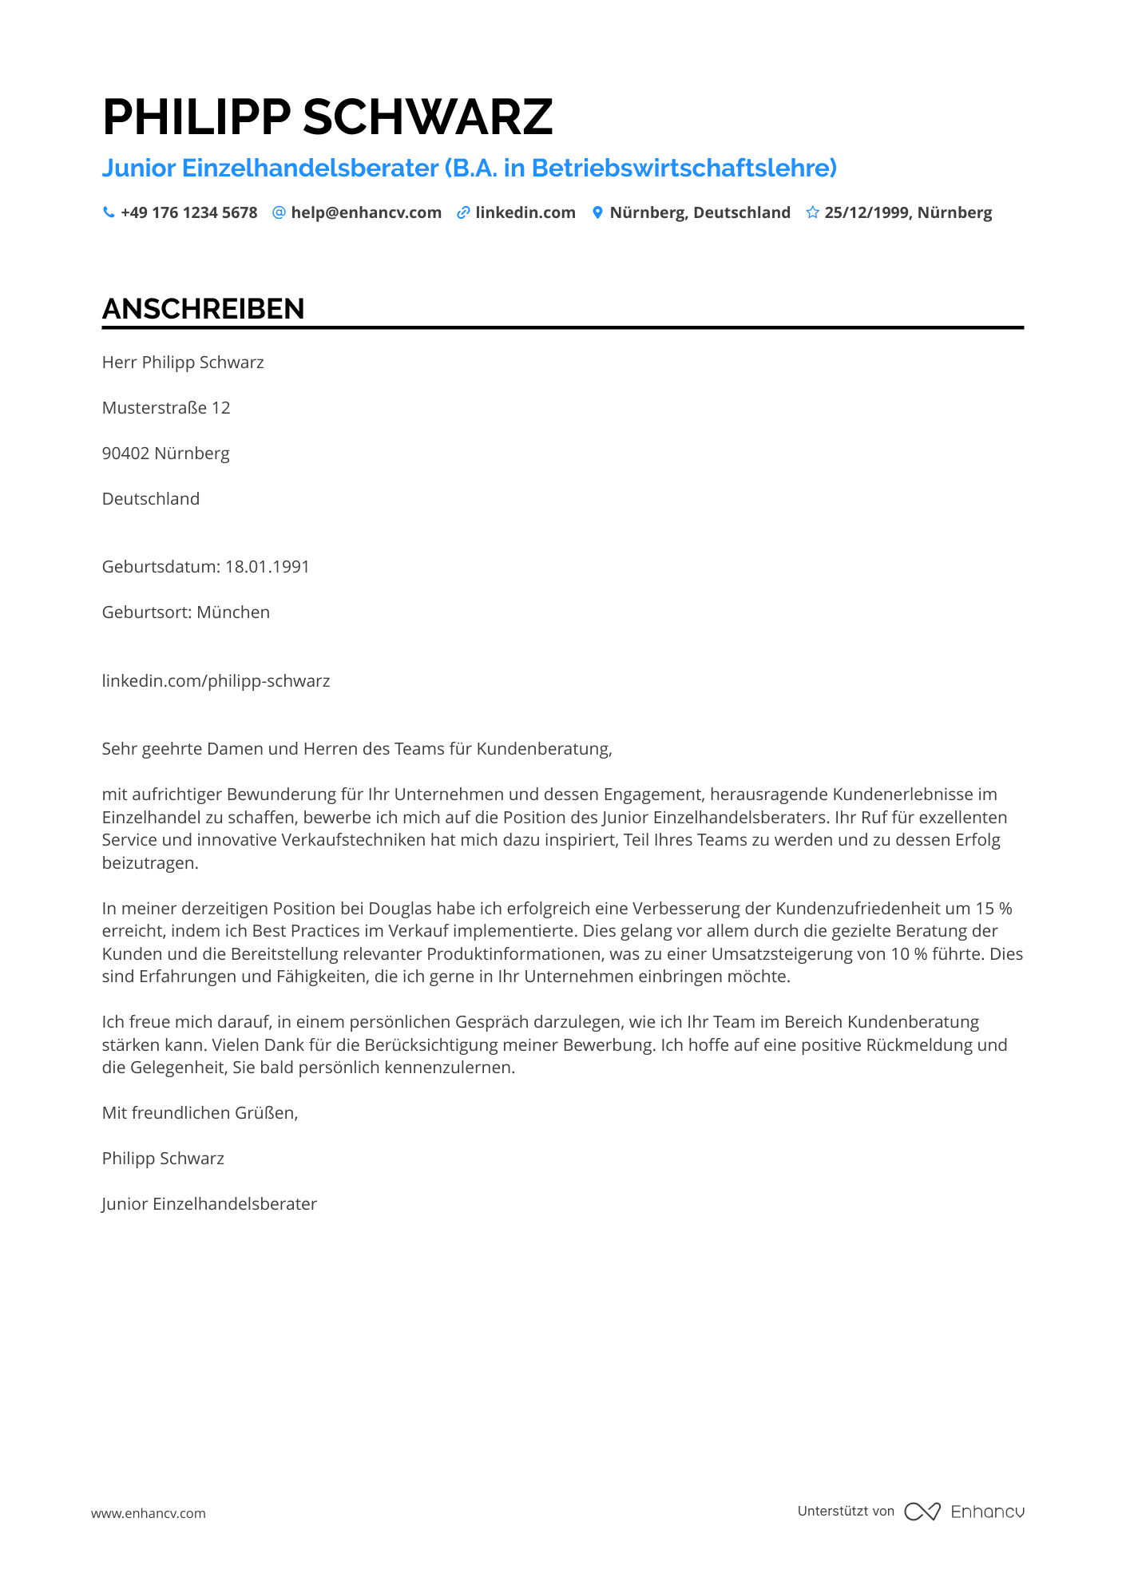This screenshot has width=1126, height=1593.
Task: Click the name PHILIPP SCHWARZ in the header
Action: tap(327, 117)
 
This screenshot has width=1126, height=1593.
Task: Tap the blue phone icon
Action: tap(109, 212)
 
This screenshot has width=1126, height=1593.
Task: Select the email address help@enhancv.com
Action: tap(366, 212)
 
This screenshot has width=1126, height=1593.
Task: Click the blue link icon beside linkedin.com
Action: tap(463, 212)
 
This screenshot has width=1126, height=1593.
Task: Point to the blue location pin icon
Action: tap(597, 212)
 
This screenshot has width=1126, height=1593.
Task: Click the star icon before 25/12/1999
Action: tap(812, 212)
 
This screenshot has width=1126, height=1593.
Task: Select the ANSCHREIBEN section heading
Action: tap(203, 309)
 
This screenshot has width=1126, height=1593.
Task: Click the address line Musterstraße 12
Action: tap(166, 408)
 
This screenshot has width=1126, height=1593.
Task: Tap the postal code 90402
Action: tap(125, 454)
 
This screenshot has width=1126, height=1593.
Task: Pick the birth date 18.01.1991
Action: tap(268, 567)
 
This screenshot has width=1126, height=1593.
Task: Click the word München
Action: tap(233, 612)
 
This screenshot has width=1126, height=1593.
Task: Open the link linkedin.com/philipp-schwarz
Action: tap(216, 681)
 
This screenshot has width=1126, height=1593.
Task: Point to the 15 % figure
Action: tap(993, 909)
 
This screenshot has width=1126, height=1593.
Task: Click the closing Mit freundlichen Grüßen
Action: tap(200, 1113)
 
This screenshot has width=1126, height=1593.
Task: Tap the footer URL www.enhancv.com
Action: tap(149, 1513)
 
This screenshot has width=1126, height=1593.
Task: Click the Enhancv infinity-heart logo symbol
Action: tap(922, 1512)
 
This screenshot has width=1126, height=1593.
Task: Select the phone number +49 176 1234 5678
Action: tap(189, 212)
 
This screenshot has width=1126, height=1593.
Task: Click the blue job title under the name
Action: tap(470, 168)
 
